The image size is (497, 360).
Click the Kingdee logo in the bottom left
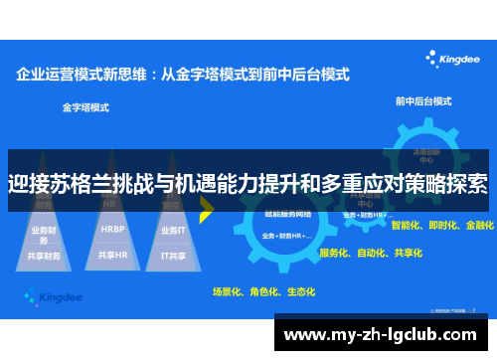pos(51,295)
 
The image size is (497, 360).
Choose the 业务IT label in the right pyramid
pos(174,229)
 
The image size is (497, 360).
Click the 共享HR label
pos(111,255)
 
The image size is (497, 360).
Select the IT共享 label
pos(174,255)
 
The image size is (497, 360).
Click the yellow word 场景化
pos(228,292)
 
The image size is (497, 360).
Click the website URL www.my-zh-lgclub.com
pos(382,333)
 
